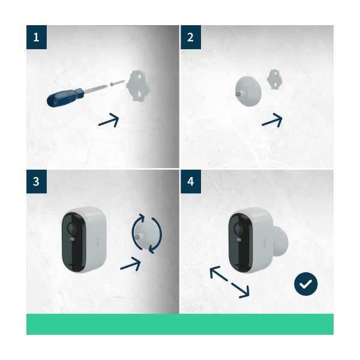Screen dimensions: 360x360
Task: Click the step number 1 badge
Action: pos(37,37)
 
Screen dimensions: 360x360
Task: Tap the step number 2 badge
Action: pos(191,37)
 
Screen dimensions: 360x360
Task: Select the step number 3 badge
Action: pos(37,181)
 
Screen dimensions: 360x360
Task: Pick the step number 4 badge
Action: pos(191,181)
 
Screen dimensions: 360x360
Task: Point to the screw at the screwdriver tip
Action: pos(118,83)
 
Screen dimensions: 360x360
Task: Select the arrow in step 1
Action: pos(109,120)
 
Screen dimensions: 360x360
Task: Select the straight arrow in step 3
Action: pos(131,263)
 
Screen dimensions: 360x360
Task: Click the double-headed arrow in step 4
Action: pos(229,283)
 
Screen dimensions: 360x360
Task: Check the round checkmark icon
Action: pos(306,284)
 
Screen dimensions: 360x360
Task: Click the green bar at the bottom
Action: pos(180,324)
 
